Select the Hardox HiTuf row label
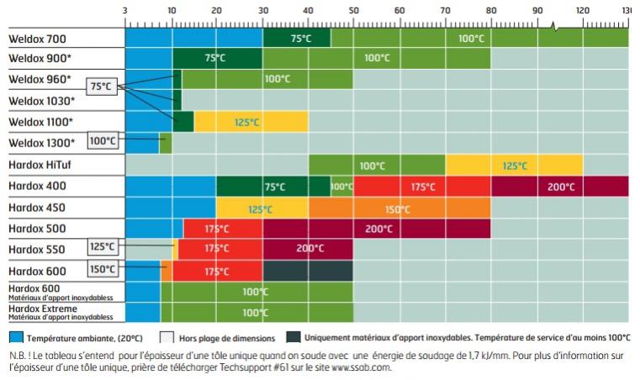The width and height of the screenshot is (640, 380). (x=45, y=165)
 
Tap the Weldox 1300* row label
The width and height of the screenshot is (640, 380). (x=42, y=143)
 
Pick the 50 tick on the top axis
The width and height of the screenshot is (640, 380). (x=354, y=10)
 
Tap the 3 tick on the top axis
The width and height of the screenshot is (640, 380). (x=125, y=10)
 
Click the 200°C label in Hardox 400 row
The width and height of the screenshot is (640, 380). (x=561, y=187)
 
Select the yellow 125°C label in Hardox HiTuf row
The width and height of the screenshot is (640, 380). (x=515, y=166)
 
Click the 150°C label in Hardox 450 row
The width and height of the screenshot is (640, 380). (x=398, y=208)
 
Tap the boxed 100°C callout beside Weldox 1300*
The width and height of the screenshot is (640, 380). (x=103, y=140)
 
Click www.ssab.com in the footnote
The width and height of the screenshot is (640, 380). (x=362, y=367)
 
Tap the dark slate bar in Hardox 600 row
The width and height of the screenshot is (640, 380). (x=308, y=271)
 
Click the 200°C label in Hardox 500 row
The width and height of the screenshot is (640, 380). (x=378, y=229)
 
